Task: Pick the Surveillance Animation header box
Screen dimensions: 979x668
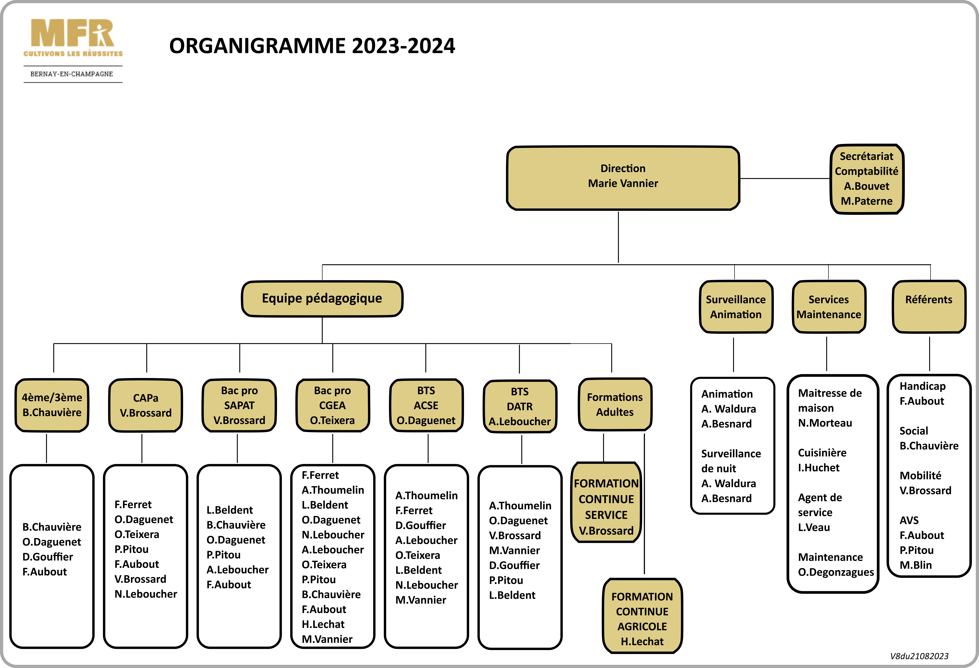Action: (x=736, y=307)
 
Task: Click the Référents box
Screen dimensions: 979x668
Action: (x=929, y=307)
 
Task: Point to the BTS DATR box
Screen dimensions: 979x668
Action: (x=520, y=406)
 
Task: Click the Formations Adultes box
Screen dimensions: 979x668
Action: (x=615, y=405)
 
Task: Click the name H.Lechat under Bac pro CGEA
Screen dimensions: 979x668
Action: (x=323, y=624)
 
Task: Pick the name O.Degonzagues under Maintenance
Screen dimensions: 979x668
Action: (x=836, y=572)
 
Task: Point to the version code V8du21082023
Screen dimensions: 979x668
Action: (x=919, y=656)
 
